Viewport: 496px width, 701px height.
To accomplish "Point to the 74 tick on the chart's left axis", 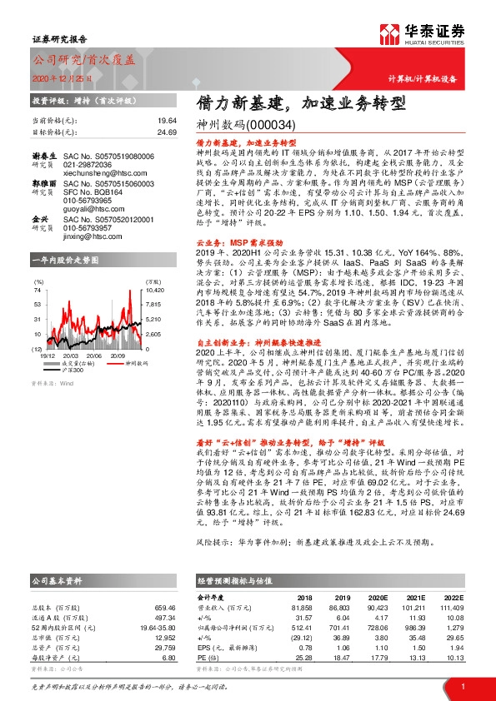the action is [38, 291].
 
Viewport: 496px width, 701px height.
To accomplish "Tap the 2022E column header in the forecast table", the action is [449, 597].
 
